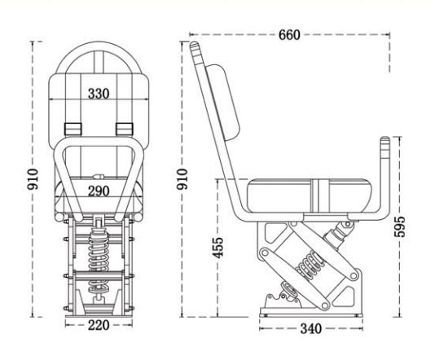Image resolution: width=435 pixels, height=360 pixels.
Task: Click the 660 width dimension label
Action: [288, 34]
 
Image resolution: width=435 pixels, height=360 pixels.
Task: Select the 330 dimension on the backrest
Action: [98, 94]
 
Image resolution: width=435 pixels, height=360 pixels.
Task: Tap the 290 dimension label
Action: [98, 191]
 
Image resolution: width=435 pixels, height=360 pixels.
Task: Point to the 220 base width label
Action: [98, 326]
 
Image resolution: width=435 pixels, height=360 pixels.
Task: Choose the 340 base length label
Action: [310, 328]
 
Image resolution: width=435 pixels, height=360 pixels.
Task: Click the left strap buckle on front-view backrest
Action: [72, 127]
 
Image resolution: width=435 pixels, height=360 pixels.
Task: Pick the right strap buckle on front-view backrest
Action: [125, 127]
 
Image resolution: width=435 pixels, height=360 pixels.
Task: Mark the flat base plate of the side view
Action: [310, 311]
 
